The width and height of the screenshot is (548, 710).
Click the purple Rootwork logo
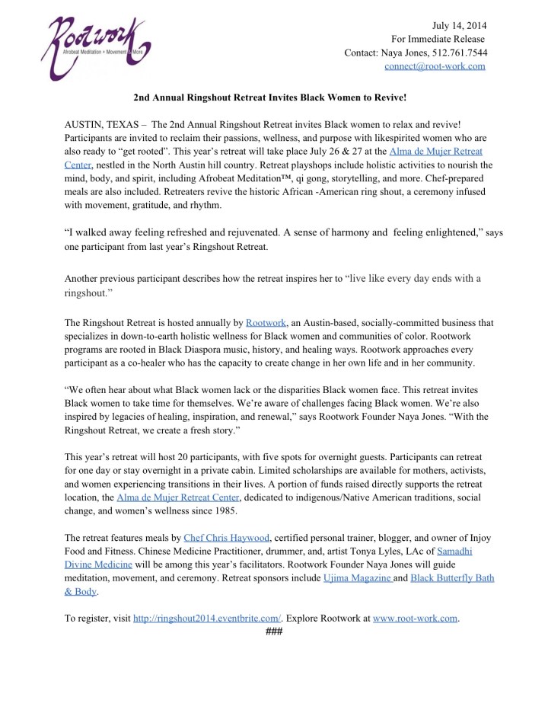95,47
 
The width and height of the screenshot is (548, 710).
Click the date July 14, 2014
460,25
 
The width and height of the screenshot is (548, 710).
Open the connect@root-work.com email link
435,66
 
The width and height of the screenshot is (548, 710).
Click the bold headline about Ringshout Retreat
270,98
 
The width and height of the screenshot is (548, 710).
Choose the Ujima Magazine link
358,578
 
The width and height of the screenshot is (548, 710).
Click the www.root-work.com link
416,619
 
